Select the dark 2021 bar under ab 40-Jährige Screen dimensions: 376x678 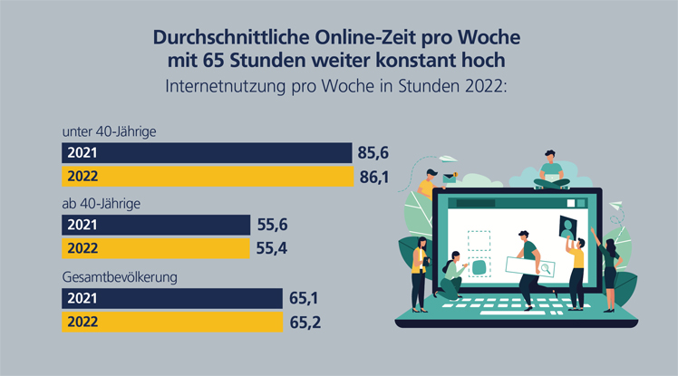(x=155, y=225)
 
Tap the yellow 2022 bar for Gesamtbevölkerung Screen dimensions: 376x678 (x=172, y=321)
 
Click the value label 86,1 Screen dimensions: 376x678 (x=373, y=177)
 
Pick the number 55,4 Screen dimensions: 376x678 (x=272, y=248)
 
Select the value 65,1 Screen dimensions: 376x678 (x=304, y=297)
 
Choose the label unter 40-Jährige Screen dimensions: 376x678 (x=110, y=131)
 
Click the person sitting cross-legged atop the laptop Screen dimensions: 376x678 (x=551, y=171)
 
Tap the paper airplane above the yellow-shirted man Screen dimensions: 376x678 (x=419, y=168)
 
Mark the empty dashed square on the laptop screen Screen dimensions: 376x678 (x=479, y=240)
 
